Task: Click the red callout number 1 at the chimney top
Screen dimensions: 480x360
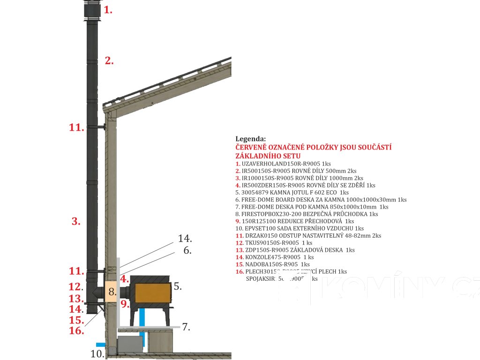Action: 108,9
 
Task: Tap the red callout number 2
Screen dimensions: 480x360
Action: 109,60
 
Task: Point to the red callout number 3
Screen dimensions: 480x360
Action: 76,222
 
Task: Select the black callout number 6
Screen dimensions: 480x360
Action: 187,250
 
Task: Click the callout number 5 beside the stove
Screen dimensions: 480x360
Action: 178,286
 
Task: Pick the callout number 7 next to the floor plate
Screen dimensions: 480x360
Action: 186,327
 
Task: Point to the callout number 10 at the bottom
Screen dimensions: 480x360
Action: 97,354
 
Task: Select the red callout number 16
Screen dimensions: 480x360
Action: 76,331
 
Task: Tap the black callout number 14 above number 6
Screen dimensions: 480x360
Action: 185,239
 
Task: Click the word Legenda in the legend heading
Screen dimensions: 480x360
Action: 250,139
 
